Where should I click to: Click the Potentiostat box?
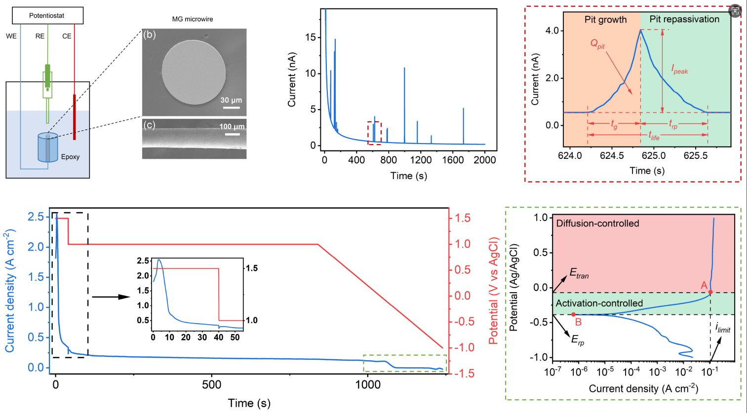47,16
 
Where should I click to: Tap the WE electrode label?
11,36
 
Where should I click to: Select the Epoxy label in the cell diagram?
70,157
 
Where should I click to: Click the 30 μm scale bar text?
231,100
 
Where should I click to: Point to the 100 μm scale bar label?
232,127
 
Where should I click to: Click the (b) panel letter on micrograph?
149,35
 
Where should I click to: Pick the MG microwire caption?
193,19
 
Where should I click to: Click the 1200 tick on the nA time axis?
420,160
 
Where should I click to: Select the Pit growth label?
605,20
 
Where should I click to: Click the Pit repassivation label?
684,19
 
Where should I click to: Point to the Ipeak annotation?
679,70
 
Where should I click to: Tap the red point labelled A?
710,292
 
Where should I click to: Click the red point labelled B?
573,314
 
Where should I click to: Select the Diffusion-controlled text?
597,224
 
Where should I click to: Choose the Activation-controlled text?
599,303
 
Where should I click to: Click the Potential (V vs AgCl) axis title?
493,291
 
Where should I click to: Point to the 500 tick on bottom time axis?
212,385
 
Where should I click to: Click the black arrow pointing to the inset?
110,297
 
